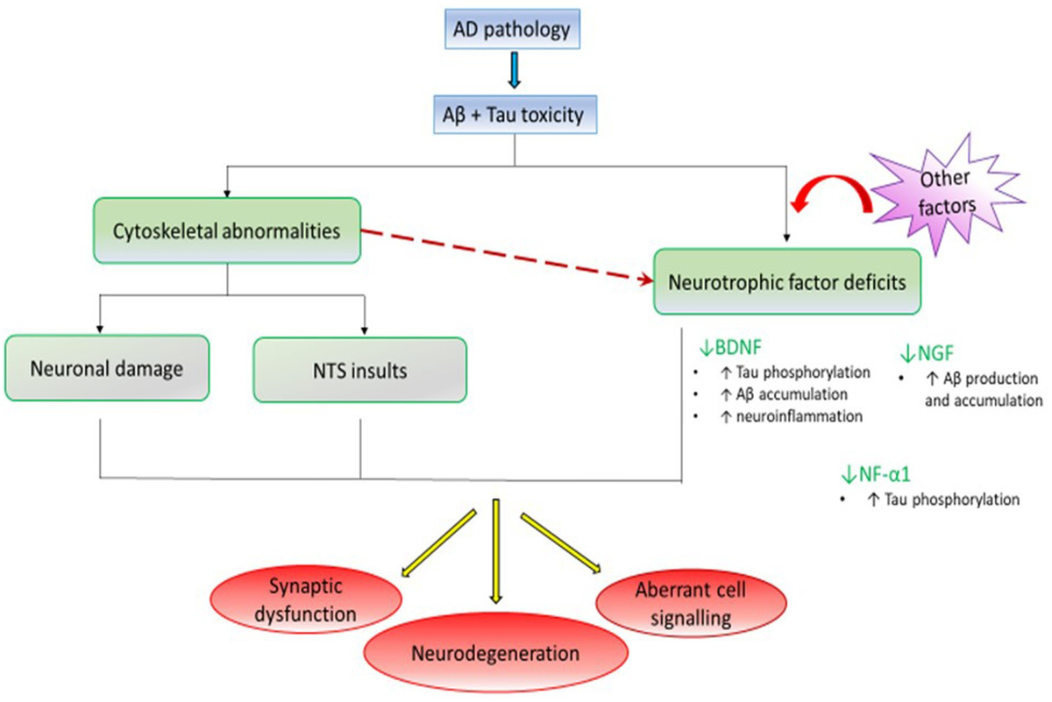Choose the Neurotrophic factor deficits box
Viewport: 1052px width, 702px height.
click(786, 282)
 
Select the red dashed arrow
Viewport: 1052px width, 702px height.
click(508, 258)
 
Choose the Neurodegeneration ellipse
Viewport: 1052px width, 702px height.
click(496, 653)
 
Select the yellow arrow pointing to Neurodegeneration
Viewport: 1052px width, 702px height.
click(496, 550)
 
